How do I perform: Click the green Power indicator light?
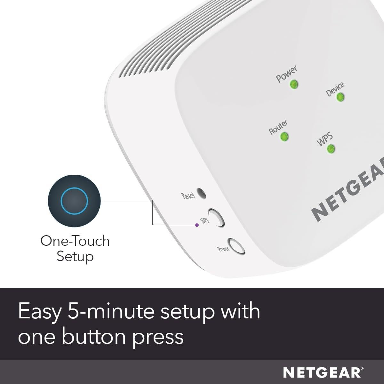coord(294,84)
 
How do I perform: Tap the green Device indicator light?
coord(340,97)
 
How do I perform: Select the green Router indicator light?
coord(284,137)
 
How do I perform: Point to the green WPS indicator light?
coord(331,149)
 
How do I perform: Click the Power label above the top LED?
coord(286,74)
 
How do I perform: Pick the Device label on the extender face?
coord(335,89)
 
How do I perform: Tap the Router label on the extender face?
coord(278,127)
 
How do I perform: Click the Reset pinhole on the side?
coord(201,193)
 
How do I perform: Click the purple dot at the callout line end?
coord(197,225)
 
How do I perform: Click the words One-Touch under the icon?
coord(75,241)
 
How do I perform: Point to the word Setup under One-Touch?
coord(75,257)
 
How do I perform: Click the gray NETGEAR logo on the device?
coord(347,192)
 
